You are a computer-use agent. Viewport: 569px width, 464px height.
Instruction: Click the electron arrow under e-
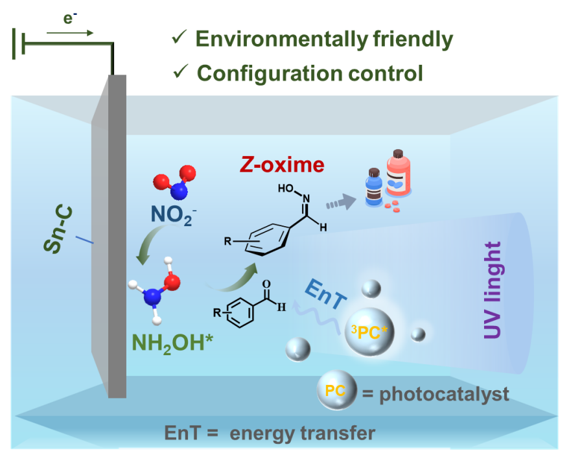(x=79, y=32)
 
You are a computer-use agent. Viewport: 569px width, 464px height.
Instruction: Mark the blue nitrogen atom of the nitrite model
(x=180, y=191)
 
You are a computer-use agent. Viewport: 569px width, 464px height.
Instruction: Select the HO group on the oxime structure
(x=286, y=188)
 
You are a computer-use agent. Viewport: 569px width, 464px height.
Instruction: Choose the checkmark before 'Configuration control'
(x=180, y=72)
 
